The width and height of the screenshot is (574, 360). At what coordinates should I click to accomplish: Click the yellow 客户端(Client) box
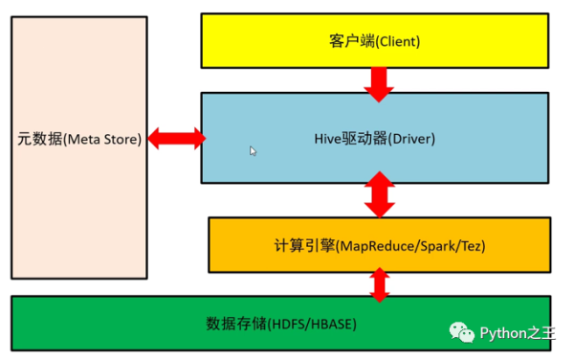[375, 42]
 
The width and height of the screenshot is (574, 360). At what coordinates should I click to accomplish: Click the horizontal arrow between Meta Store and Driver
[174, 139]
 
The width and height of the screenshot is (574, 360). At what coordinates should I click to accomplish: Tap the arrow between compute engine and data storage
[380, 283]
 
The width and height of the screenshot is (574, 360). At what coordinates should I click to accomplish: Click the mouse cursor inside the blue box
[253, 151]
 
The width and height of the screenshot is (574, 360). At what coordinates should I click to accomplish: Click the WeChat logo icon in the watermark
[463, 332]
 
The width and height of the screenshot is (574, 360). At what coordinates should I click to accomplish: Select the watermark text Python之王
[517, 332]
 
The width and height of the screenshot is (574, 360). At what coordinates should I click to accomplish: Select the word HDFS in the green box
[289, 324]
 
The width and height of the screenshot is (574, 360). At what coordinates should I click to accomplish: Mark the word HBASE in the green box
[331, 324]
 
